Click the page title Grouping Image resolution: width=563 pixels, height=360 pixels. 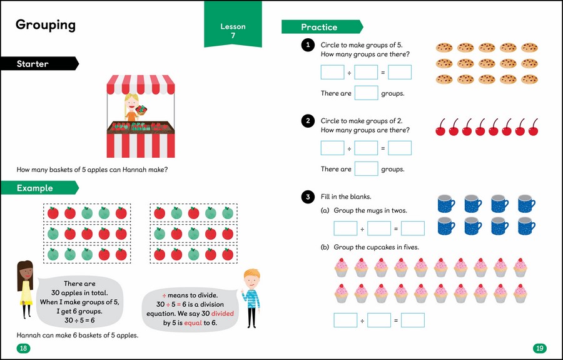point(46,25)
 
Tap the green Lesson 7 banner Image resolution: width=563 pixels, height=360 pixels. point(233,30)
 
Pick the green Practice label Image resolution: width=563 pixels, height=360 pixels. point(320,27)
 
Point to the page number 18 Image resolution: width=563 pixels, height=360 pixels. point(24,348)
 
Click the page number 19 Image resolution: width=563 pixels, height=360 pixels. point(539,348)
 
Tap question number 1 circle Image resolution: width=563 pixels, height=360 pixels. point(307,45)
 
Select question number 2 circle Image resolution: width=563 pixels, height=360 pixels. point(307,121)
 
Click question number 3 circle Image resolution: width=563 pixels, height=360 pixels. point(307,197)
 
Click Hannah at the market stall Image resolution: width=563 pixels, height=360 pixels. point(132,106)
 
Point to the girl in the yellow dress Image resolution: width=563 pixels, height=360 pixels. point(26,288)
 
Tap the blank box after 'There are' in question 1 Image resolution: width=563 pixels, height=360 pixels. point(367,93)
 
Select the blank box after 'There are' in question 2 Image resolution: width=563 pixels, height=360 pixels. point(367,169)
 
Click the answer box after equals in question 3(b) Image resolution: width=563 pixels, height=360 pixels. point(412,320)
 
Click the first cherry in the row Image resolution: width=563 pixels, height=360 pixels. point(440,128)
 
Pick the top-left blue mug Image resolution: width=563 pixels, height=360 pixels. point(446,203)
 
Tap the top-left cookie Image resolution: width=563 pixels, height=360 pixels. point(444,48)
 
